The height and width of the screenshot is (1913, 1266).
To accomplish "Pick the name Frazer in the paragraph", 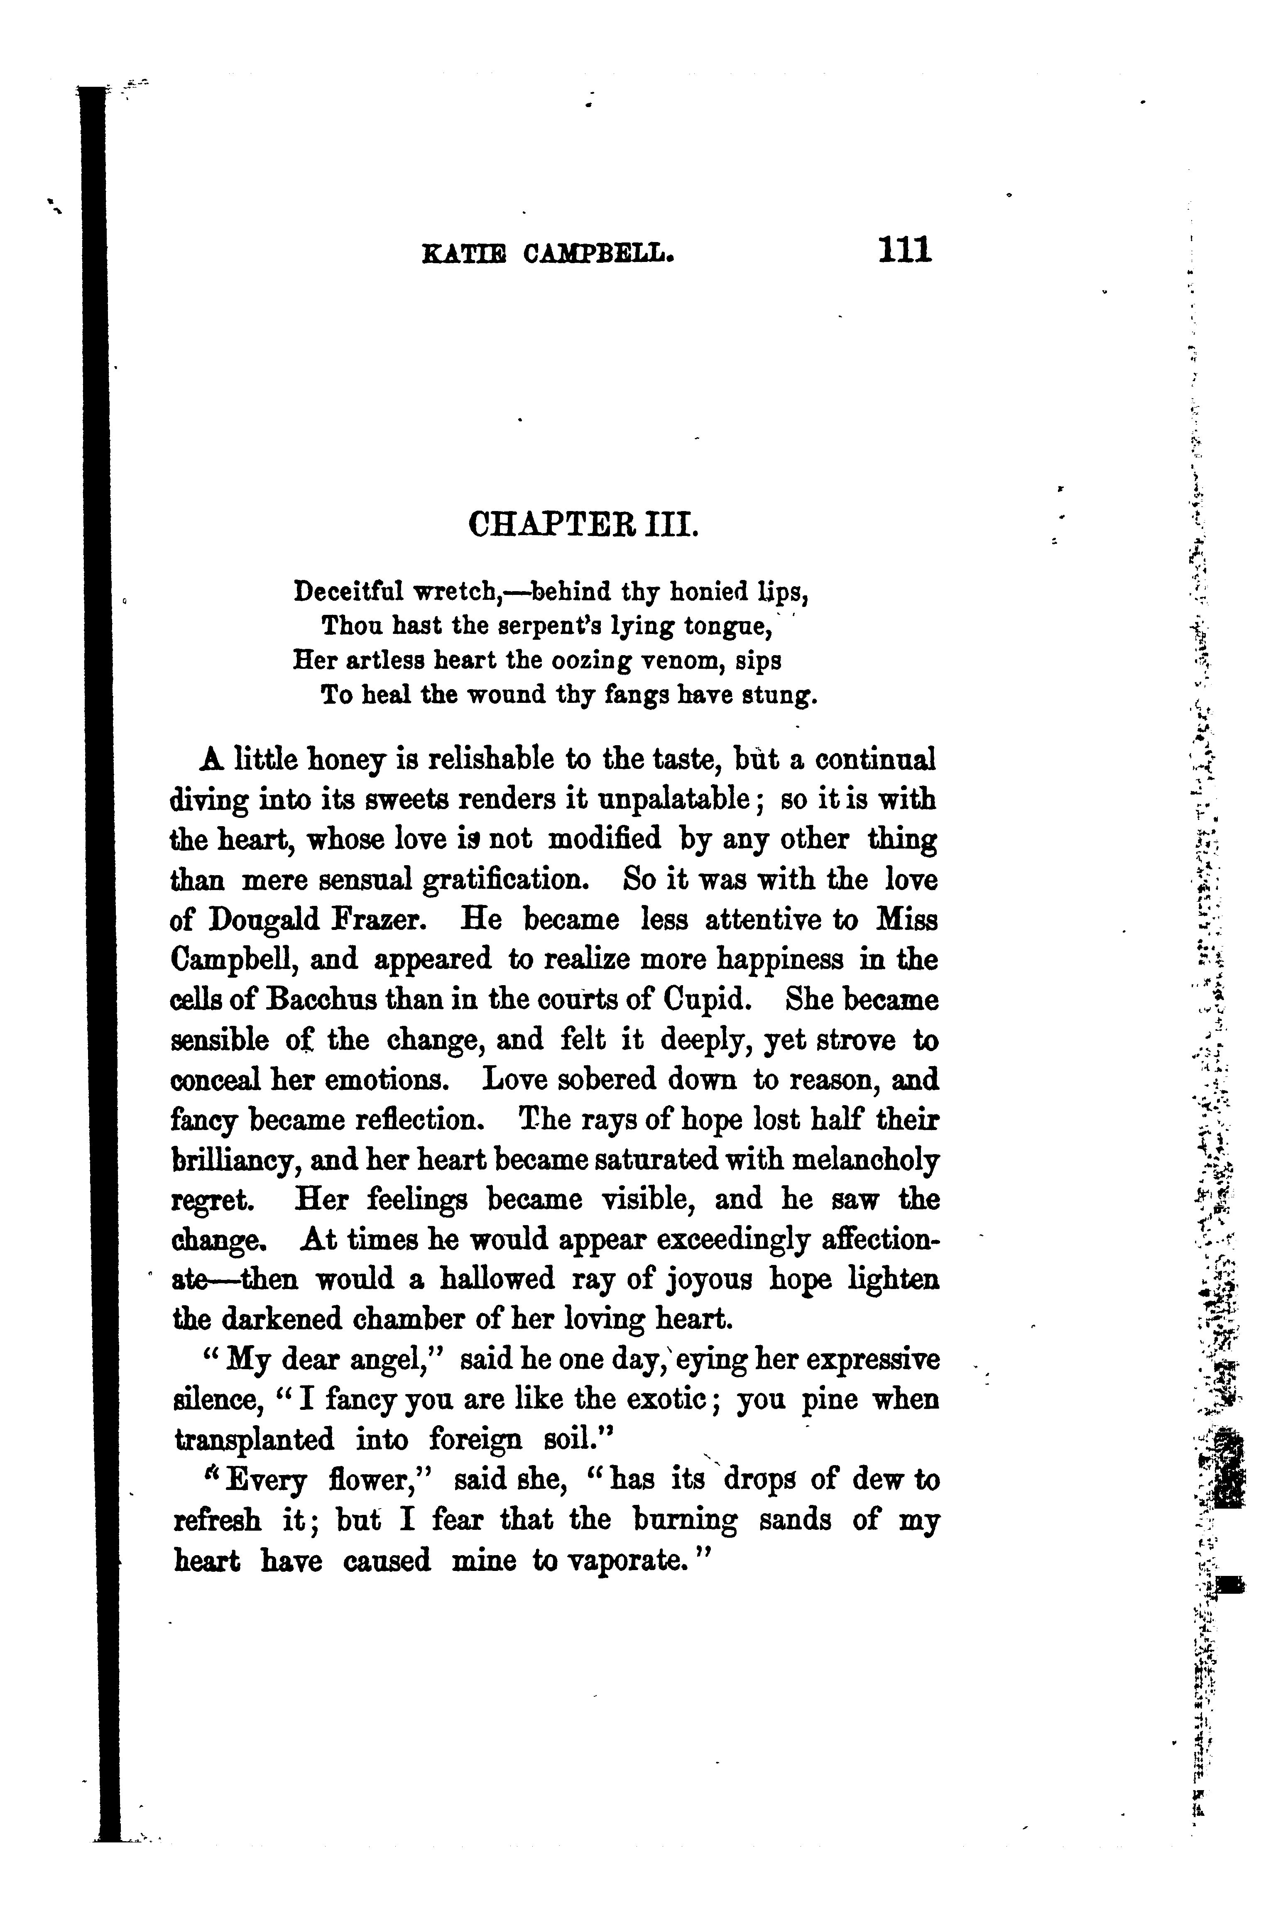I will point(388,920).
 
